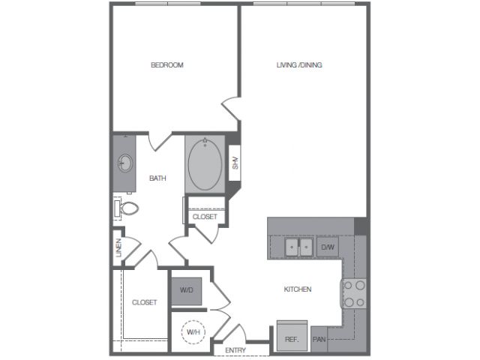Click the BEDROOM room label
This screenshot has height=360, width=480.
click(x=166, y=65)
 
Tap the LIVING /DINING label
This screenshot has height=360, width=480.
click(x=299, y=65)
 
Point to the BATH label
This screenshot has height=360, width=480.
click(x=157, y=178)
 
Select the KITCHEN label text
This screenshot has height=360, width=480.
click(x=298, y=289)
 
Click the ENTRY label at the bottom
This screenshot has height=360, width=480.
click(x=235, y=350)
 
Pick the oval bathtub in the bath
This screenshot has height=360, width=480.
click(x=205, y=164)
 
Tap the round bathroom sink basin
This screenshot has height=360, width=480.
click(x=125, y=163)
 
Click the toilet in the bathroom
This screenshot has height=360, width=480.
click(x=127, y=208)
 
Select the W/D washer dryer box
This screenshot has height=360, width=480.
click(x=187, y=291)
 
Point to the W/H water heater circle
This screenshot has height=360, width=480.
click(x=193, y=331)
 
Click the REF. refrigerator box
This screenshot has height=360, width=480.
click(x=292, y=336)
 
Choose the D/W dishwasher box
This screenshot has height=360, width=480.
click(x=328, y=247)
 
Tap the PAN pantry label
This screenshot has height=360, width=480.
click(x=319, y=339)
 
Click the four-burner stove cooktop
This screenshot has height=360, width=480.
click(x=354, y=293)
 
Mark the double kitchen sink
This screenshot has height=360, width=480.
click(x=298, y=247)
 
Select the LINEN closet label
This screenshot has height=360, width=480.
click(x=118, y=247)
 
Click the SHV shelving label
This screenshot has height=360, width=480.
click(x=235, y=163)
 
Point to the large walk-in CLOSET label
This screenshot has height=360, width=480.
click(x=145, y=302)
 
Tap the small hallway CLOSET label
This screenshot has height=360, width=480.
click(x=205, y=217)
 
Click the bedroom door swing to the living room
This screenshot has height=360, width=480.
click(x=231, y=109)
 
